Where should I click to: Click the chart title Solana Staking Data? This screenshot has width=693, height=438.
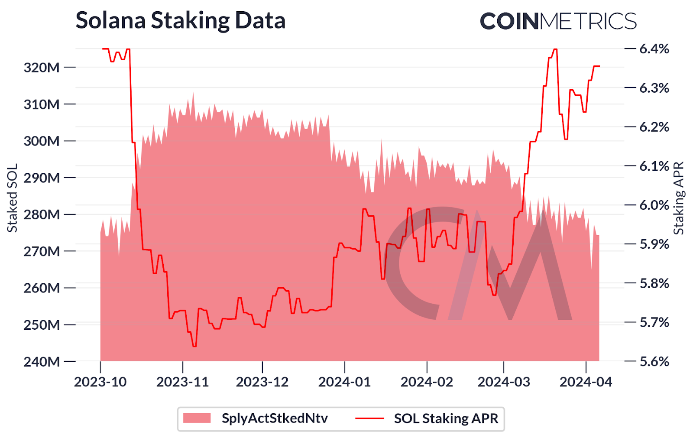point(181,20)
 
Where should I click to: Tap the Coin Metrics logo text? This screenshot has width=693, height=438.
point(558,21)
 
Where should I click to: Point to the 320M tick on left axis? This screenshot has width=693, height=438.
point(42,68)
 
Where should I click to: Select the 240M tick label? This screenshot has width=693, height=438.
point(42,361)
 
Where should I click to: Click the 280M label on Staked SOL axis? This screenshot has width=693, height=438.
point(42,214)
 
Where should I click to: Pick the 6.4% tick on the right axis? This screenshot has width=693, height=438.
point(654,49)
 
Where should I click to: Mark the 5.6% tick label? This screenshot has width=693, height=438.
point(654,361)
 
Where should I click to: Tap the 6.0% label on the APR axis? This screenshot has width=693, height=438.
point(654,205)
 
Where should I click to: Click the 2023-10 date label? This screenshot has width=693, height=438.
point(100,382)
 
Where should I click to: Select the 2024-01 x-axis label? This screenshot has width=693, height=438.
point(344,382)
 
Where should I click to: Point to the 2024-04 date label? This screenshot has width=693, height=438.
point(586,382)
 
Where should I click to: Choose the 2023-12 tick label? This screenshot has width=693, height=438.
point(262,382)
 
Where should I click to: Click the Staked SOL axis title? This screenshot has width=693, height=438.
point(12,198)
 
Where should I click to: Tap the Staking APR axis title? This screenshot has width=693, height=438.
point(679,198)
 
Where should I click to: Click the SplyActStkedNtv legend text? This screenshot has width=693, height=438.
point(275,419)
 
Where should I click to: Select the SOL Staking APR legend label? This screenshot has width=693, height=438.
point(446,419)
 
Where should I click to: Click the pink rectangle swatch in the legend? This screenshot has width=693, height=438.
point(197,419)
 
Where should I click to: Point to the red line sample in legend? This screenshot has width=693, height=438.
point(369,419)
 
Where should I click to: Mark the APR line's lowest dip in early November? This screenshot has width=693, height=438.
point(194,346)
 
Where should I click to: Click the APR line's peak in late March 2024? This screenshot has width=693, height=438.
point(555,49)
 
